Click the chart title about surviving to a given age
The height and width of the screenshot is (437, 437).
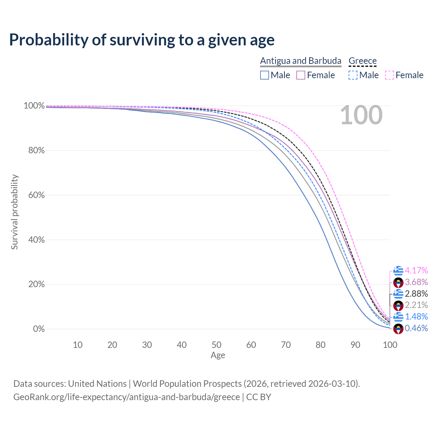pos(142,40)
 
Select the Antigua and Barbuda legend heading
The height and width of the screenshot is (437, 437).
pos(300,61)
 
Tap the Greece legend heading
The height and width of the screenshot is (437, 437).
pos(363,61)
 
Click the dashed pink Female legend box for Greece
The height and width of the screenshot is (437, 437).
pos(390,75)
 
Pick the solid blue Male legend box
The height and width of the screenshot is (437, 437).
pos(265,75)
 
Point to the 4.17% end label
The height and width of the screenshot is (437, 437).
pos(416,270)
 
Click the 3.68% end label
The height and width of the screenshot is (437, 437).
pos(416,282)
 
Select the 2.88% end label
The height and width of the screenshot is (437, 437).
pos(416,294)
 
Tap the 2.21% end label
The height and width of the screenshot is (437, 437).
pos(416,305)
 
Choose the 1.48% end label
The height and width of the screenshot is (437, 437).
pos(416,316)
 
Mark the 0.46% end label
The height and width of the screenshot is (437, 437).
pos(416,328)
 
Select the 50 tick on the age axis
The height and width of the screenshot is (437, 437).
pos(216,345)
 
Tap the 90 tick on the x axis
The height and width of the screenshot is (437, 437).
pos(355,345)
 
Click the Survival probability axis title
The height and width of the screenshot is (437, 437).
pos(14,212)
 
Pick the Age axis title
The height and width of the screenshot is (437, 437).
pos(218,355)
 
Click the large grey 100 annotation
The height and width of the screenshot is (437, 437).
pos(361,115)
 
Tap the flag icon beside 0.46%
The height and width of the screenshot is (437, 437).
pos(398,329)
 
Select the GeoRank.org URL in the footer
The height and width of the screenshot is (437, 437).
pos(127,397)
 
